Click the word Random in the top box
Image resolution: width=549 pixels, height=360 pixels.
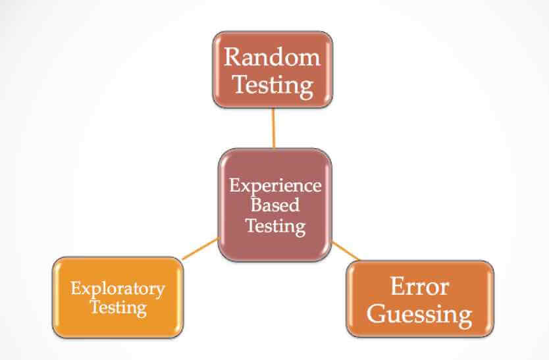coord(272,57)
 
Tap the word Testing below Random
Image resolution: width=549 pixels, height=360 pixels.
coord(272,85)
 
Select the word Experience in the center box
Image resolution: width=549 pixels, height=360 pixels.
coord(275,185)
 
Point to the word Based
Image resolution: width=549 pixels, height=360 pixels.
coord(275,205)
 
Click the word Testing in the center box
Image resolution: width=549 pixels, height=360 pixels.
coord(275,226)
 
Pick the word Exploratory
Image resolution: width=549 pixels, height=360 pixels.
coord(118,288)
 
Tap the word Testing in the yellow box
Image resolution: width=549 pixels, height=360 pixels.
coord(118,307)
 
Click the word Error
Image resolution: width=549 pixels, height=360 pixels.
coord(419,287)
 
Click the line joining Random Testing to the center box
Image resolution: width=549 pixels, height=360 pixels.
coord(273,128)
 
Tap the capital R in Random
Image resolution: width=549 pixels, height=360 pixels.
coord(232,57)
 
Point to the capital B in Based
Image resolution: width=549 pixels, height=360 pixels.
coord(257,205)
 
